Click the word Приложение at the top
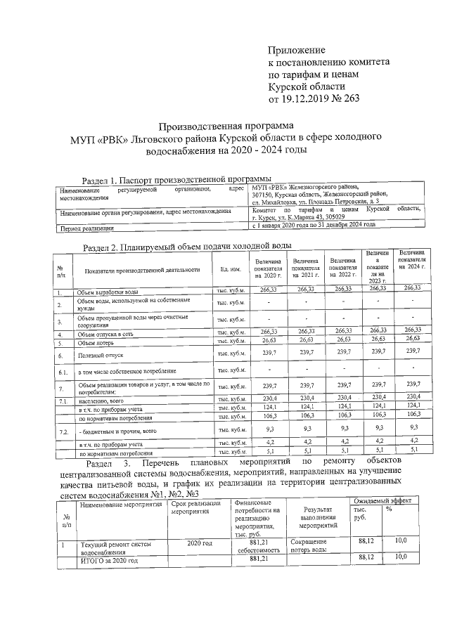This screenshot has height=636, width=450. [x=297, y=50]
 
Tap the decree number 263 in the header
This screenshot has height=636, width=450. [x=347, y=98]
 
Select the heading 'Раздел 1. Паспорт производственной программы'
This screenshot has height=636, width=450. [x=176, y=179]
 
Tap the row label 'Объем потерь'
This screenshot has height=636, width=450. [x=96, y=343]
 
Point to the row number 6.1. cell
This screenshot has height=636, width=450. [x=62, y=370]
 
